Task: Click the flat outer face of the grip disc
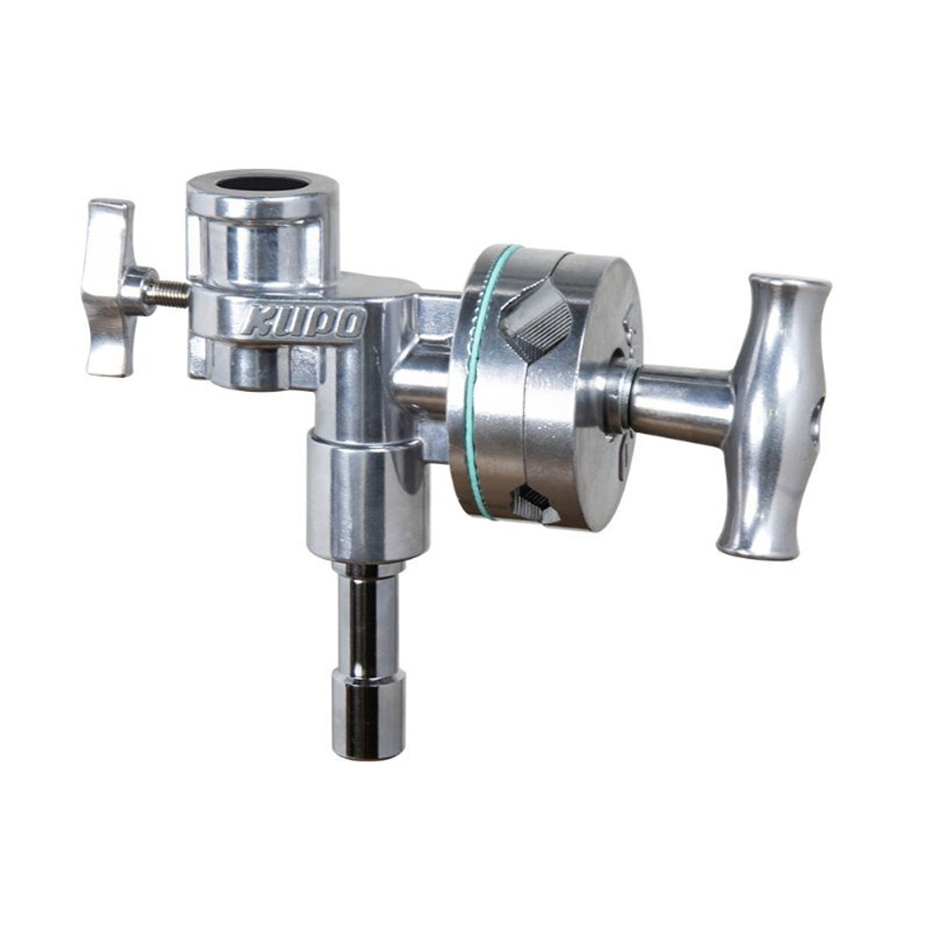pos(595,390)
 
